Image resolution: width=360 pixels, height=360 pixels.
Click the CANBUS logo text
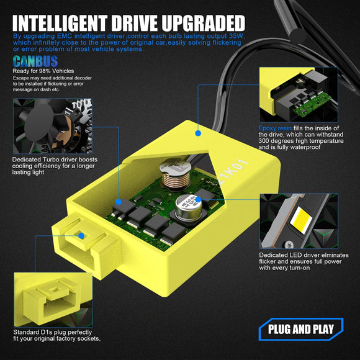pyautogui.click(x=35, y=61)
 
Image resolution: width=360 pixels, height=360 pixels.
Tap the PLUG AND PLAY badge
pyautogui.click(x=301, y=329)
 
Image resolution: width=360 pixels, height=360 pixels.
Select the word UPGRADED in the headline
pyautogui.click(x=203, y=23)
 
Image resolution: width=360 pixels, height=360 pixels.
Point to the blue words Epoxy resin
pyautogui.click(x=275, y=128)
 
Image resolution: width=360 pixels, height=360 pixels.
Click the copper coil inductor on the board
pyautogui.click(x=176, y=176)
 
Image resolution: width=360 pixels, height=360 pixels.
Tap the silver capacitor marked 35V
pyautogui.click(x=189, y=208)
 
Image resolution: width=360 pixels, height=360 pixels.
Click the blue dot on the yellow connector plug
pyautogui.click(x=81, y=236)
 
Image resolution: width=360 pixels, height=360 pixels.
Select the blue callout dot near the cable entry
pyautogui.click(x=198, y=133)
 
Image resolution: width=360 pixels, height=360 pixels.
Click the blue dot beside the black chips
pyautogui.click(x=119, y=202)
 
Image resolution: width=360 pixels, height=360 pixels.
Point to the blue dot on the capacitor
pyautogui.click(x=198, y=199)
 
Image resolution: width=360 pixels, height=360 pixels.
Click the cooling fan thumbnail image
pyautogui.click(x=53, y=126)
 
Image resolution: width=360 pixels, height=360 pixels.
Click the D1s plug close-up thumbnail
pyautogui.click(x=53, y=300)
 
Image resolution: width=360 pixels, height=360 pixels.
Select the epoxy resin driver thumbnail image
pyautogui.click(x=299, y=94)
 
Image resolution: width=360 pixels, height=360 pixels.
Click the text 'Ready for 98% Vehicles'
pyautogui.click(x=43, y=71)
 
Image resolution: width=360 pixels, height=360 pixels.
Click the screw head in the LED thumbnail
pyautogui.click(x=289, y=245)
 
